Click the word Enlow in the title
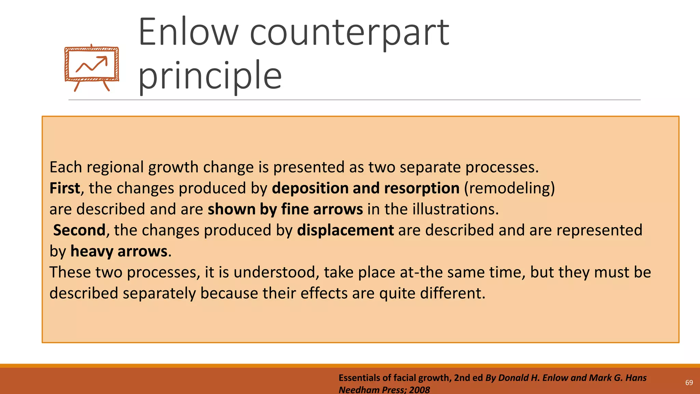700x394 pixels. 188,32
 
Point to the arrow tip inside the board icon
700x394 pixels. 105,58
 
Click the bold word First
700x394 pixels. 65,188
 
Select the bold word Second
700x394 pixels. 79,230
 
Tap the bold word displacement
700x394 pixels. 345,230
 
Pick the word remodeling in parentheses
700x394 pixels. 509,188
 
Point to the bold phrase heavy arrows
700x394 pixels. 119,251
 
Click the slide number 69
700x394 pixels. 689,383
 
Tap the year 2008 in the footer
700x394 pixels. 419,390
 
